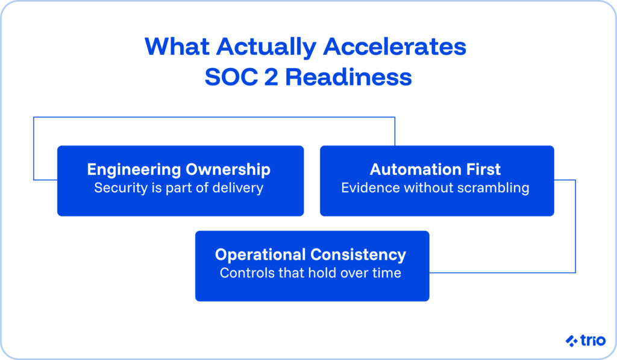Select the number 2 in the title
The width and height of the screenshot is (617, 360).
282,77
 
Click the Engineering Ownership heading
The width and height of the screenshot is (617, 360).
179,169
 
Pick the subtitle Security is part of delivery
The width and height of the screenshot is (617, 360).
179,188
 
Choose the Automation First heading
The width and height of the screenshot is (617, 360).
436,169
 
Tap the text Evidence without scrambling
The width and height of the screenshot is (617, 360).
436,188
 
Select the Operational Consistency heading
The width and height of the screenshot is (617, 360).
311,254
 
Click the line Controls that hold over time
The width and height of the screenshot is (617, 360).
311,273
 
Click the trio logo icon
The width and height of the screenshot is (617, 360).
572,341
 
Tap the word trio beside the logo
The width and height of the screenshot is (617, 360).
592,341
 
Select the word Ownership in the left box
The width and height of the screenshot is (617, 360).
234,169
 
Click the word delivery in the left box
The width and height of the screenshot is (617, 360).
240,188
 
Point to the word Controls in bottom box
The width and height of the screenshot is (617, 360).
243,273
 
